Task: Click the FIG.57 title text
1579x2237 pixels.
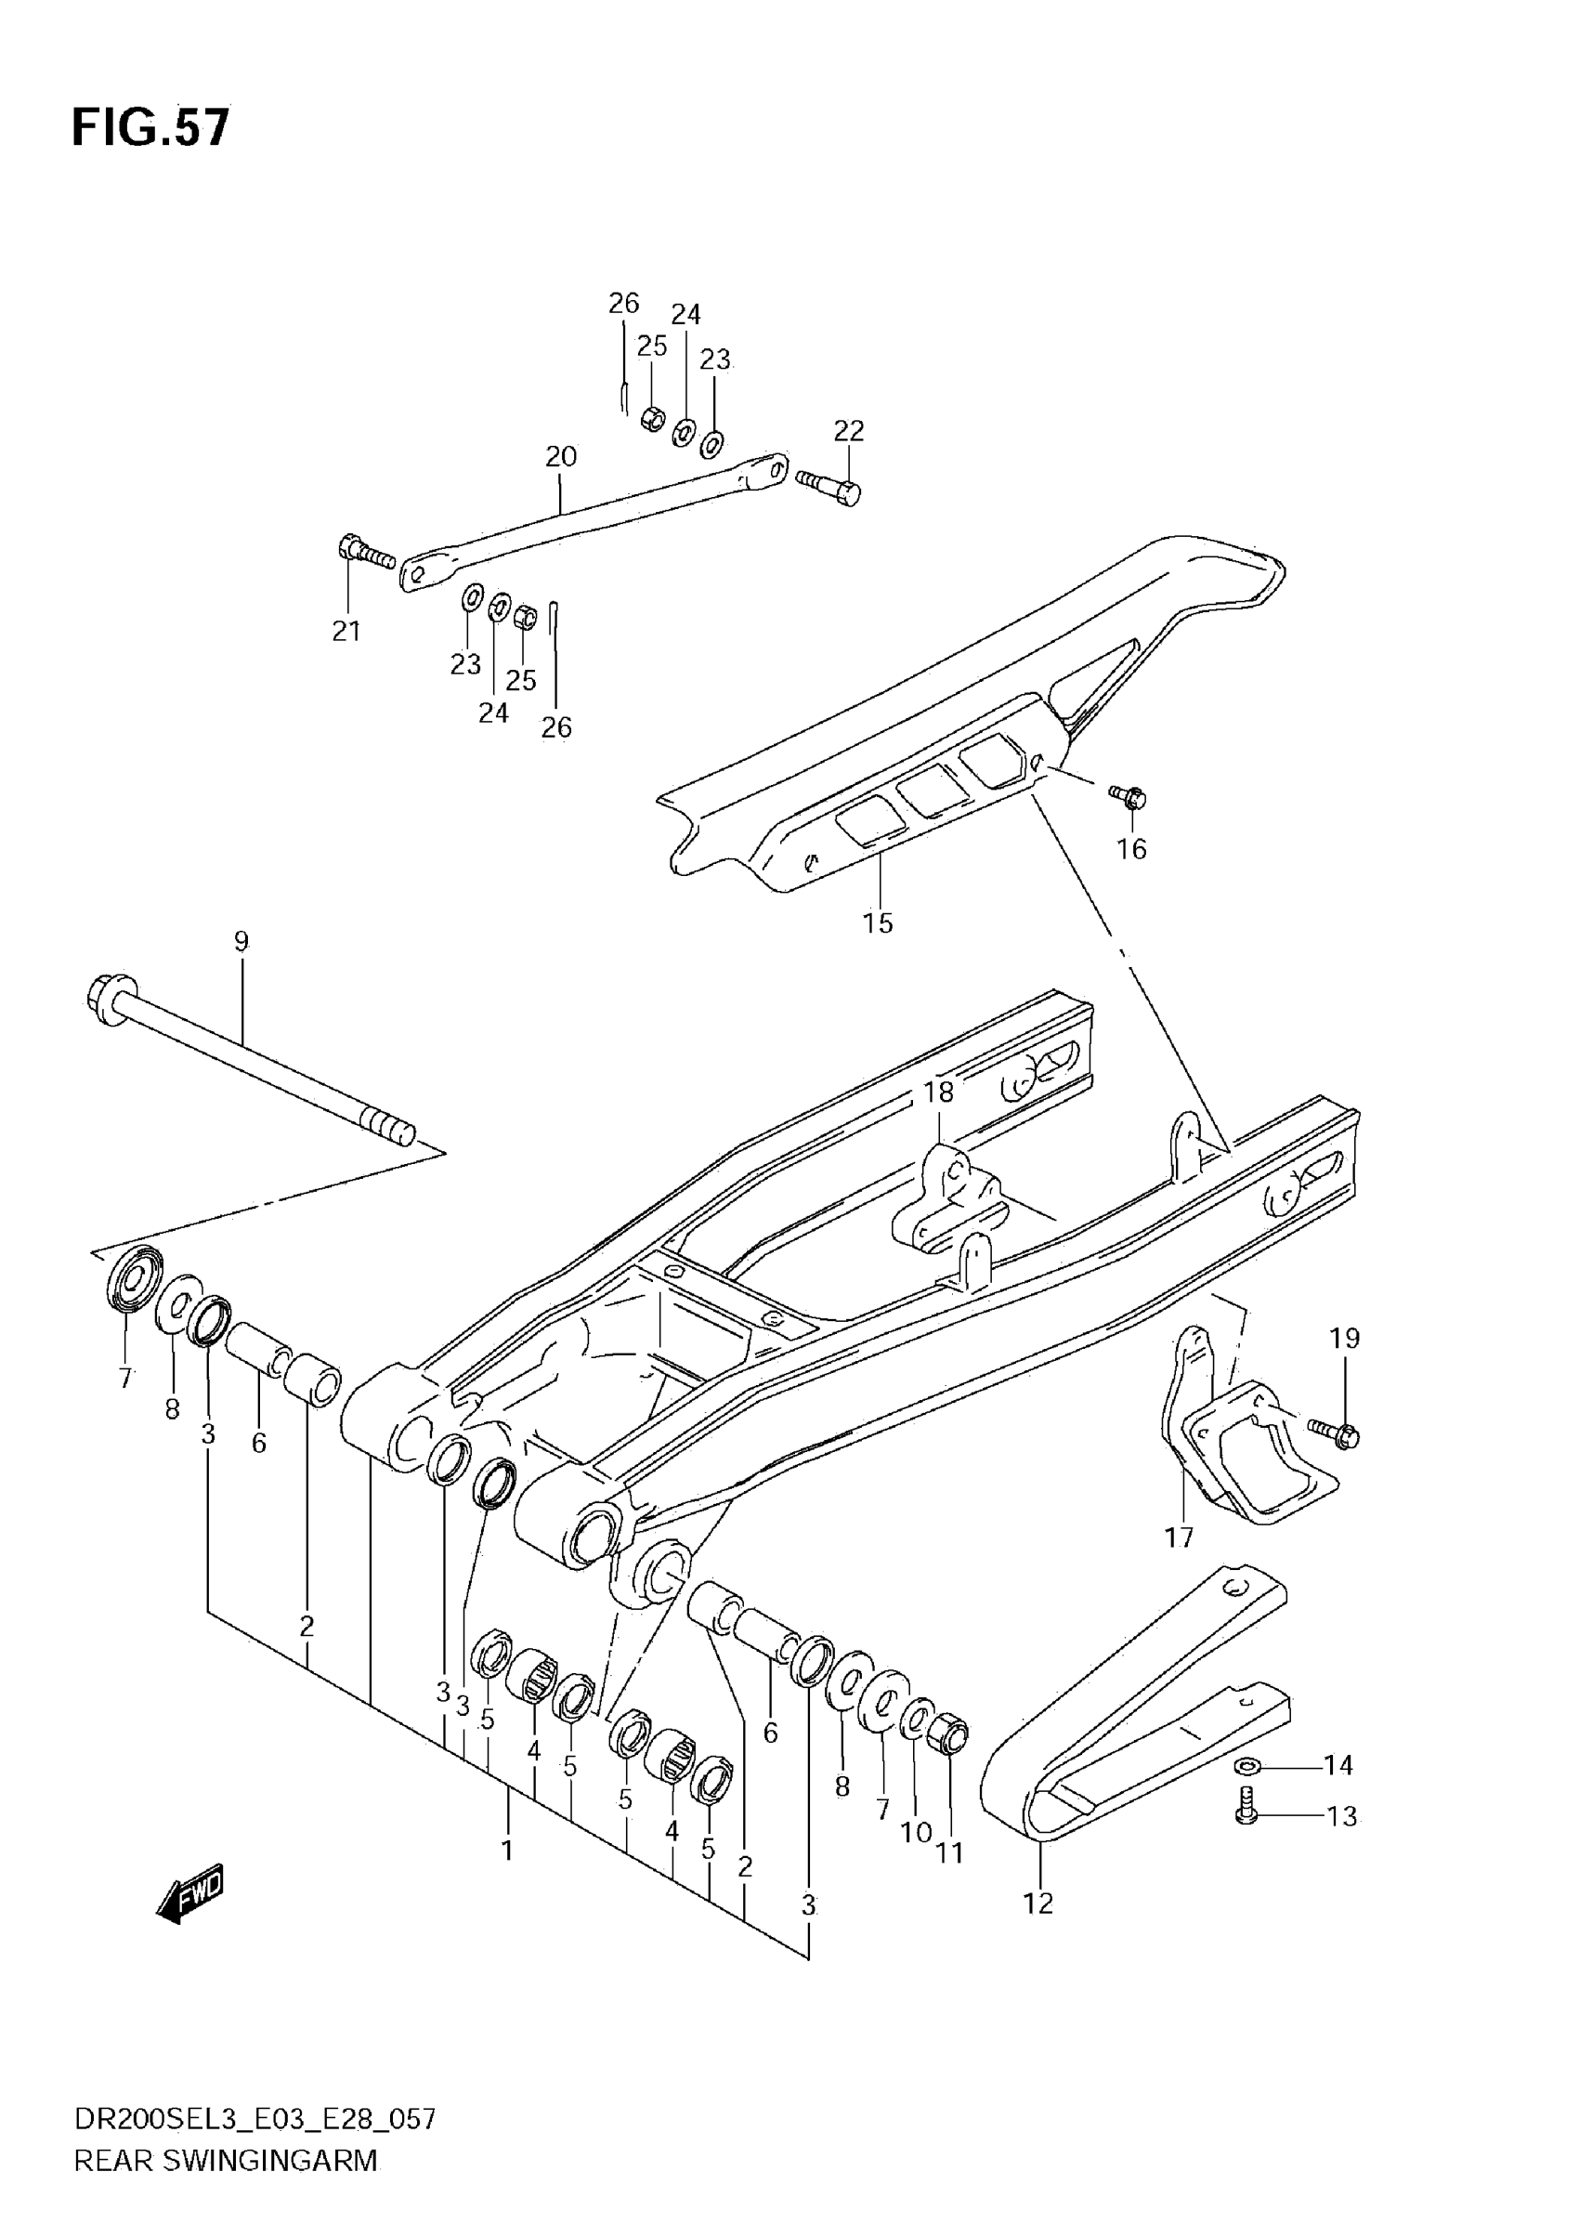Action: [151, 127]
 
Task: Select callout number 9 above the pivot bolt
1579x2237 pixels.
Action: [241, 941]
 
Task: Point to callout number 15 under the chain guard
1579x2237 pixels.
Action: [878, 922]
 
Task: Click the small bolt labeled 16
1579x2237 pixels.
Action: [1130, 798]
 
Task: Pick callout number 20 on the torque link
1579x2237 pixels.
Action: [561, 456]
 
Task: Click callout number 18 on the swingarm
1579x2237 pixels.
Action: [939, 1092]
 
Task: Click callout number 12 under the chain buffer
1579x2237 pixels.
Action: [1038, 1903]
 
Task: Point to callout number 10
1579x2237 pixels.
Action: [916, 1832]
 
